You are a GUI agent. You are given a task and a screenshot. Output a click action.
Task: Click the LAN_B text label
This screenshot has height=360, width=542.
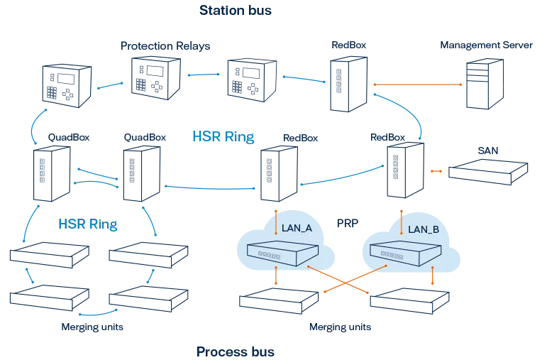[424, 229]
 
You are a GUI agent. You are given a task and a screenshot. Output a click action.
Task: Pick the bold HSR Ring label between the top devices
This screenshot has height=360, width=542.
[219, 136]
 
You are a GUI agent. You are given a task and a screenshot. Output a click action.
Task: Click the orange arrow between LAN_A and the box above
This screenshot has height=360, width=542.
[276, 219]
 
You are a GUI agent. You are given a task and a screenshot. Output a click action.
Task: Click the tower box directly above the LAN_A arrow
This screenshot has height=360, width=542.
[276, 173]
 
